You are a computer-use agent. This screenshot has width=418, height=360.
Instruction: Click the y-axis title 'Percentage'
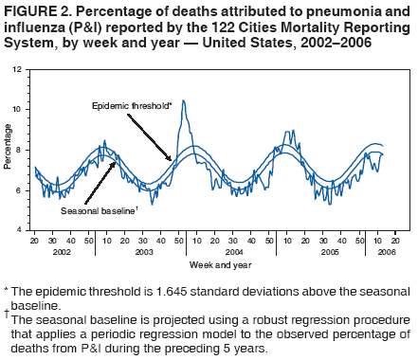point(9,150)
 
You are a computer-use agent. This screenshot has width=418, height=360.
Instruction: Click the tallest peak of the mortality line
point(183,100)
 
